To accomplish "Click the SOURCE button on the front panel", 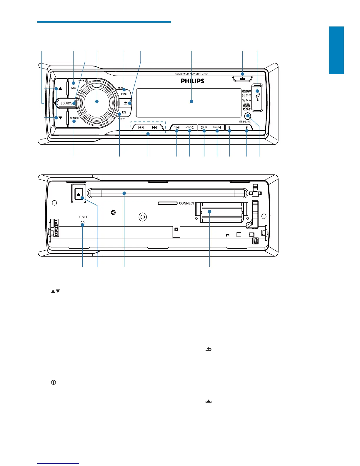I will point(66,103).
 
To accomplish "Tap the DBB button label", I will point(73,88).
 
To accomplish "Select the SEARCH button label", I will point(74,118).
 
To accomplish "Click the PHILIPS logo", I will point(192,81).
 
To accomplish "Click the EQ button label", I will point(124,112).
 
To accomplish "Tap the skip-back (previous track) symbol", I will point(141,128).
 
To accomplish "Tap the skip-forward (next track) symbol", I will point(154,128).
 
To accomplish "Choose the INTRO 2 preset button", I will point(189,128).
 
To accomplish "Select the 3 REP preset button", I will point(204,128).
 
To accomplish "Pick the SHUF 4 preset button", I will point(217,128).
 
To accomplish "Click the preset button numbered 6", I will point(246,128).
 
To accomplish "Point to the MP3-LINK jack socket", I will point(248,116).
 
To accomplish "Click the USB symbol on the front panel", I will point(258,97).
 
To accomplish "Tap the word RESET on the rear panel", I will point(83,217).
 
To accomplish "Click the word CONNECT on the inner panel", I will point(187,203).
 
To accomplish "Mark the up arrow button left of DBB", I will point(60,88).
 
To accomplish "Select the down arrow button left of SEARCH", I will point(60,118).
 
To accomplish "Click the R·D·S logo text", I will point(246,109).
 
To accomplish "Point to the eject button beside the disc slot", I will point(79,194).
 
